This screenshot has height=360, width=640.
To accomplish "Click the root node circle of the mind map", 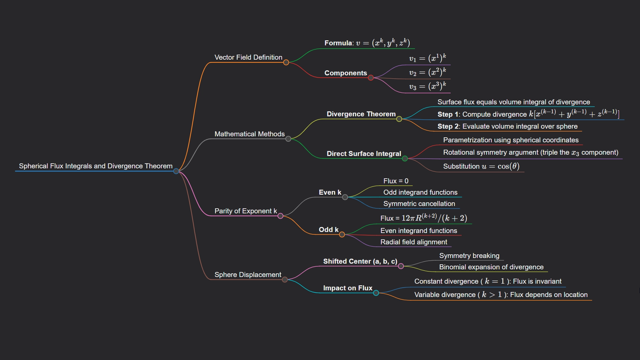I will tap(176, 171).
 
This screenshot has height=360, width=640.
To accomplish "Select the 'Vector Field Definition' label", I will tap(248, 57).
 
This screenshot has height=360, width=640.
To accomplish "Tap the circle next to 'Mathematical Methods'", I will tap(288, 139).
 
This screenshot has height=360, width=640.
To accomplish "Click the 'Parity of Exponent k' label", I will tap(245, 211).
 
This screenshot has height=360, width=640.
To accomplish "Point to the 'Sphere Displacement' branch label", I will tap(248, 275).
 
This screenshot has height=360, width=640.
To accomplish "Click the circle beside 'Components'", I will tap(371, 78).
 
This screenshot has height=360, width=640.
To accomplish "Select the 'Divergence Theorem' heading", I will tap(361, 114).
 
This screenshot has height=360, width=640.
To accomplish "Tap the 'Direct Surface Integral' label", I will tap(364, 154).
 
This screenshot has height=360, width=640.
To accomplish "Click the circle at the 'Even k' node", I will tap(345, 197).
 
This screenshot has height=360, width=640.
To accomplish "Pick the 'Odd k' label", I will tap(328, 230).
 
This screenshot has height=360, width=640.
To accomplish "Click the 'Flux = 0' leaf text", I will tap(396, 181).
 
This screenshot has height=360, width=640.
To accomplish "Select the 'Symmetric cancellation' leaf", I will tap(419, 204).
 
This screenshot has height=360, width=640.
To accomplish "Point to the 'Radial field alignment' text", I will tap(414, 242).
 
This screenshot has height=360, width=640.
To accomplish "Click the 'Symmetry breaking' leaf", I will tap(469, 256).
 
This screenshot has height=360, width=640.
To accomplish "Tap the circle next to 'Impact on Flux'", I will tap(376, 293).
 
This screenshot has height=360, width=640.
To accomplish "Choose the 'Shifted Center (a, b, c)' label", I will tap(360, 261).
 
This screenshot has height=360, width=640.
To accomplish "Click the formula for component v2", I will tap(427, 72).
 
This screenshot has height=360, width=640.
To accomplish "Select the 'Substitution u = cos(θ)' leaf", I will tap(481, 166).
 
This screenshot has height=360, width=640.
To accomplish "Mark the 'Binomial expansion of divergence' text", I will tap(491, 267).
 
